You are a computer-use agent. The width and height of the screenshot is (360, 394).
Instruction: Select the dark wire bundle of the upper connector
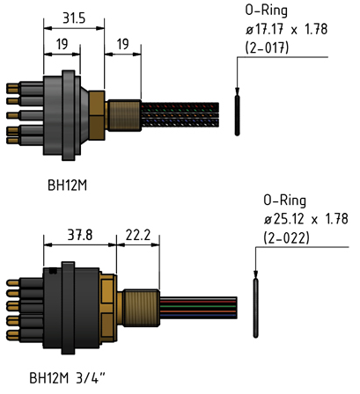180,115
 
